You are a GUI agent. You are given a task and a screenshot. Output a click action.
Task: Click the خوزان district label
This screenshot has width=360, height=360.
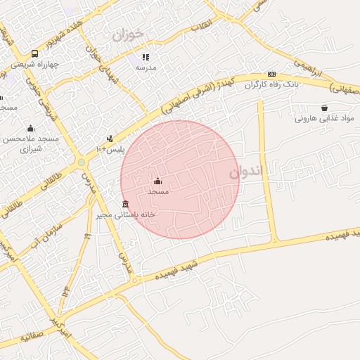tap(127, 33)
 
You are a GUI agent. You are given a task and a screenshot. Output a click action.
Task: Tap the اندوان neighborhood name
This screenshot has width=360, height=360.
tap(245, 171)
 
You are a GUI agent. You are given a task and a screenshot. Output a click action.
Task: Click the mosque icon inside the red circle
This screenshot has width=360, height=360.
tap(157, 181)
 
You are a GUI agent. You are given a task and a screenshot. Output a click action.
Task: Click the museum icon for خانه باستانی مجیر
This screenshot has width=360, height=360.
tap(125, 205)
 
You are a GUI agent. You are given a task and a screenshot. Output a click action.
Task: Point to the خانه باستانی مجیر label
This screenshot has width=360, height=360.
tap(126, 214)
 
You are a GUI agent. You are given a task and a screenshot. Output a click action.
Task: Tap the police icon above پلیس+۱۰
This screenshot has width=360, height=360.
tap(109, 139)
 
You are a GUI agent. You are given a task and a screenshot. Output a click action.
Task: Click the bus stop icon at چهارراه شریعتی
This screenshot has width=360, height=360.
tap(35, 53)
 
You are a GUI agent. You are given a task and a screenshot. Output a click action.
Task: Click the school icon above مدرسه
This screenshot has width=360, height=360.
tap(146, 57)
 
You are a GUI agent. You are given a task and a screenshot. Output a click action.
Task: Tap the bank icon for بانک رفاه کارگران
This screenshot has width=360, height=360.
tap(271, 75)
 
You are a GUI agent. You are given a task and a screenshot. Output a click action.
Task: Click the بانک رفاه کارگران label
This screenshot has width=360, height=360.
tap(272, 85)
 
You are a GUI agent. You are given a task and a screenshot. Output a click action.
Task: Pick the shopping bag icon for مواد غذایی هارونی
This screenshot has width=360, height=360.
tap(323, 108)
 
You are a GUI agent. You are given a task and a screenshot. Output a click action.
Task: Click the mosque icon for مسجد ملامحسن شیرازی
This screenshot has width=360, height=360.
tap(30, 129)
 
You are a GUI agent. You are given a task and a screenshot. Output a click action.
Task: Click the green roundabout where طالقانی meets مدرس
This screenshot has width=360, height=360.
tap(82, 162)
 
